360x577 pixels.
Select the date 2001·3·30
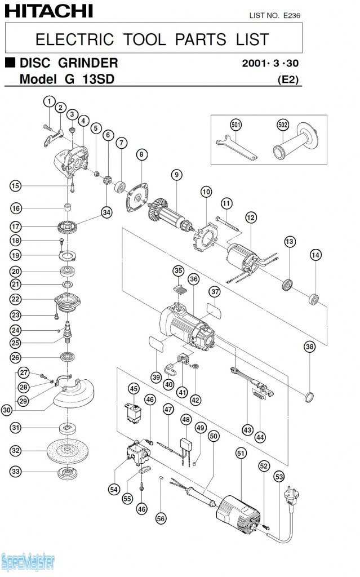(269, 63)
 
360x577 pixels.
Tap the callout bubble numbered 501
(235, 124)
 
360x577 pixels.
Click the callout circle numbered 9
(177, 175)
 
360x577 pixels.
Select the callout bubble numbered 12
(251, 217)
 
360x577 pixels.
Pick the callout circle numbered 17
(15, 227)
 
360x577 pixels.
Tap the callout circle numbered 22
(15, 299)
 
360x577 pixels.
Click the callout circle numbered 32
(15, 451)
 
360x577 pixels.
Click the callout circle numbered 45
(134, 388)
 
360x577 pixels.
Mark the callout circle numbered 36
(193, 279)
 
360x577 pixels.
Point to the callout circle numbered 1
(49, 101)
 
